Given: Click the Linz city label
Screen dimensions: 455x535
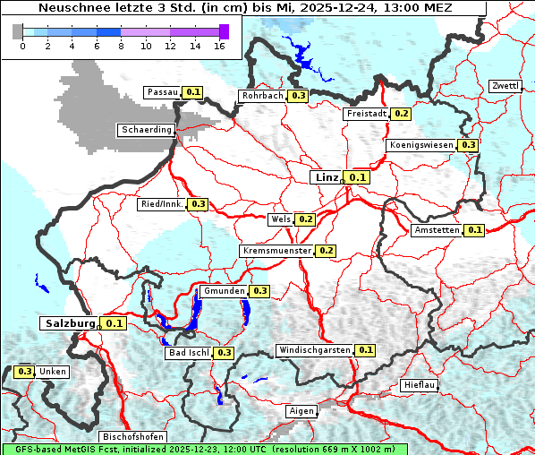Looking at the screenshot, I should point(327,177).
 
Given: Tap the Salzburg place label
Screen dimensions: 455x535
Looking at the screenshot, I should point(68,323).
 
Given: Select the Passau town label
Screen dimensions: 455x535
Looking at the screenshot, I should point(163,92).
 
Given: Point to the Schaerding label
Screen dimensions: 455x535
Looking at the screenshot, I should point(146,130).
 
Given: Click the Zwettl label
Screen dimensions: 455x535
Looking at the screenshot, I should point(505,86).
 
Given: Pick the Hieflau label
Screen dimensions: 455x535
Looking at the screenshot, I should point(420,385).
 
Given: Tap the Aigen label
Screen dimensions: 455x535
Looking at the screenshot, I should point(301,411).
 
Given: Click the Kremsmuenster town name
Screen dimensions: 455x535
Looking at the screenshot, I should point(276,251).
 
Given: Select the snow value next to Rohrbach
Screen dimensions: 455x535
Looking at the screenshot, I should point(299,96).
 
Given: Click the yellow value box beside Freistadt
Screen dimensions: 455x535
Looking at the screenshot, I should point(401,114).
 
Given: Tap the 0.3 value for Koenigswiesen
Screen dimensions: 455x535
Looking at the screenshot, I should point(468,145).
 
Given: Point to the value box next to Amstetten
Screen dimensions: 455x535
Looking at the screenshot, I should point(474,230).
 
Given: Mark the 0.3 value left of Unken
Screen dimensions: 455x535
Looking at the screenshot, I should point(25,372).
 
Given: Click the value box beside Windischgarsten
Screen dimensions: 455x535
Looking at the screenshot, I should point(365,350).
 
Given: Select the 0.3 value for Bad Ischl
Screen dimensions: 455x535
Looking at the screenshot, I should point(223,353).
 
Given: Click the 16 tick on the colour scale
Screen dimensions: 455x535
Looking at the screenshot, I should point(219,47).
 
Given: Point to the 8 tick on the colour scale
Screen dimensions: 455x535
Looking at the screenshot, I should point(121,47).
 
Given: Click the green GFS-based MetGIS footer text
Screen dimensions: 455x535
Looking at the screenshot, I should point(204,449).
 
